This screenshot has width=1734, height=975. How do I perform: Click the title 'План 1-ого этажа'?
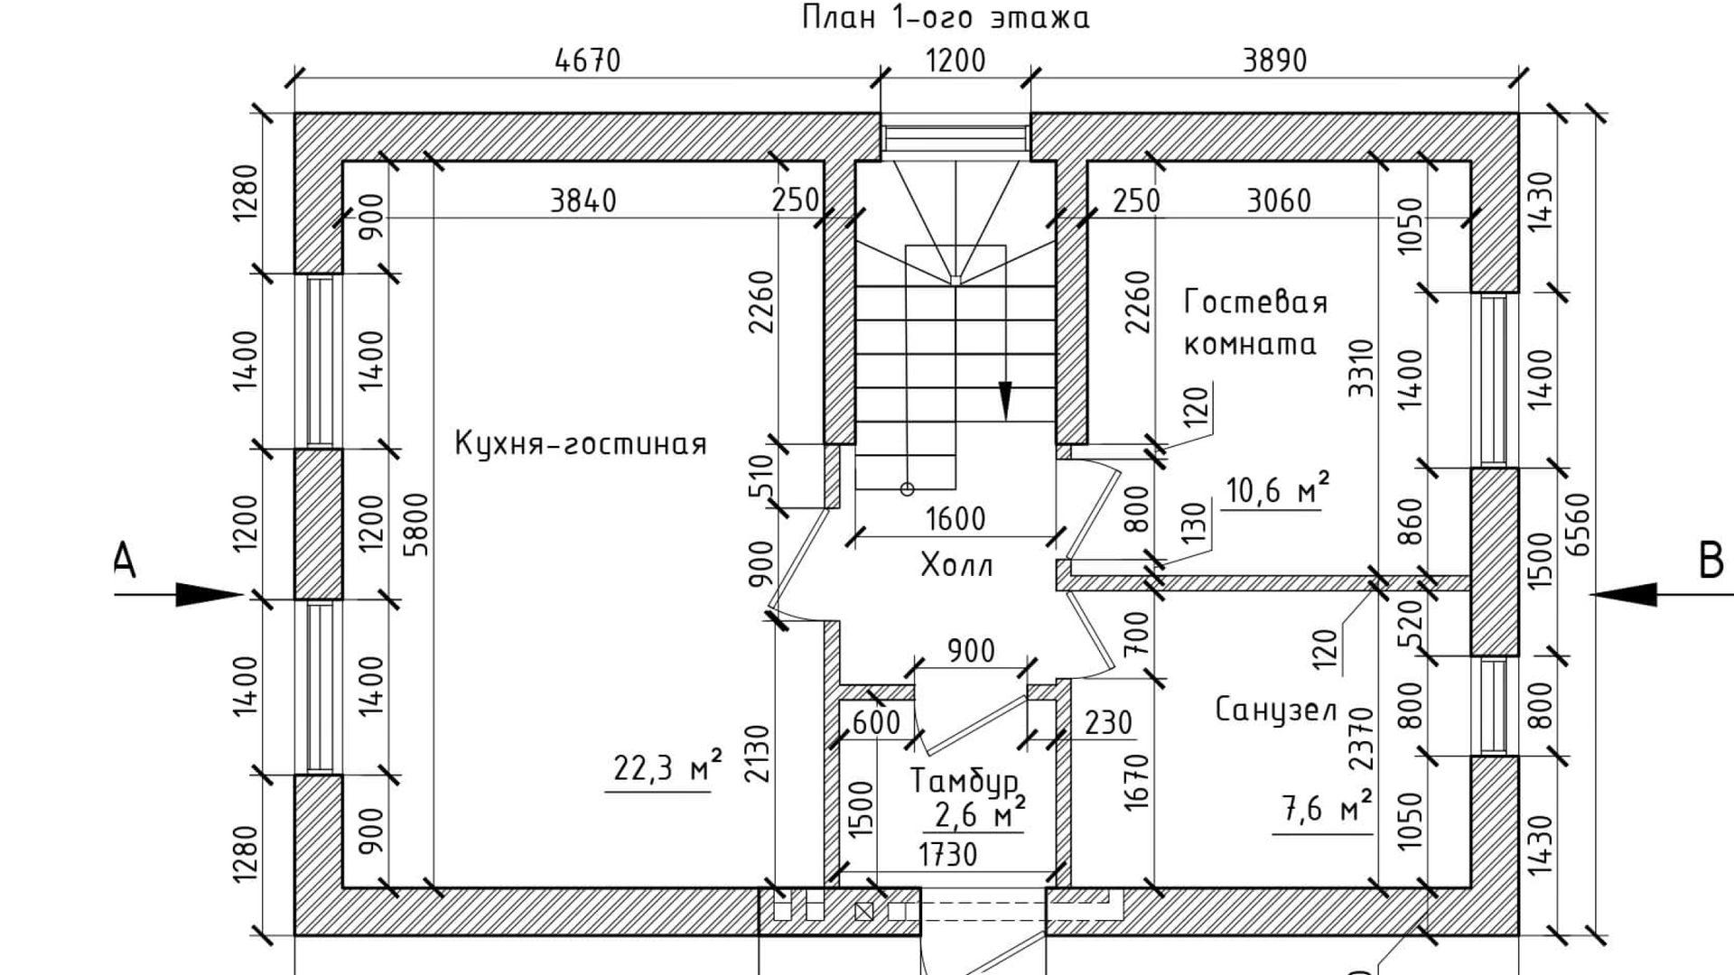[x=946, y=17]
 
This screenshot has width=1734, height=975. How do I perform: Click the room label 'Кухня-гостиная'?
[x=580, y=444]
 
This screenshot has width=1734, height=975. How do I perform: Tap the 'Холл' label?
[x=956, y=566]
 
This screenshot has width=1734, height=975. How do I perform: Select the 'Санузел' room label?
[x=1276, y=710]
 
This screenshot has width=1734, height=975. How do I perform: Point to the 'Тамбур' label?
[x=964, y=781]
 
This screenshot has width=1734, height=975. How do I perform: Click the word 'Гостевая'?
[x=1255, y=302]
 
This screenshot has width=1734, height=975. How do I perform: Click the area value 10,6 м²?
[x=1276, y=490]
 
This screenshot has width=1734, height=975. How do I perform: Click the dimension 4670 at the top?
[x=588, y=60]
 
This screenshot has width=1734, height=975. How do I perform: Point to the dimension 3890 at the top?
[x=1274, y=60]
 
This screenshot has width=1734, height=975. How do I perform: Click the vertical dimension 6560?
[x=1580, y=525]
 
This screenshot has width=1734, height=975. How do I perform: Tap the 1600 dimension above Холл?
[x=956, y=519]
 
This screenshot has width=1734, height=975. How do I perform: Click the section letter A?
[x=125, y=560]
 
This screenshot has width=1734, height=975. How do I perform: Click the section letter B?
[x=1711, y=561]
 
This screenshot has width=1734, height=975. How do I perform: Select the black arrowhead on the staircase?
[x=1005, y=400]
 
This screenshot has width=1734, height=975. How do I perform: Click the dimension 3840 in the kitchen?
[x=583, y=200]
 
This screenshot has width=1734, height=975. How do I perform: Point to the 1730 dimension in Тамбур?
[x=947, y=854]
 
